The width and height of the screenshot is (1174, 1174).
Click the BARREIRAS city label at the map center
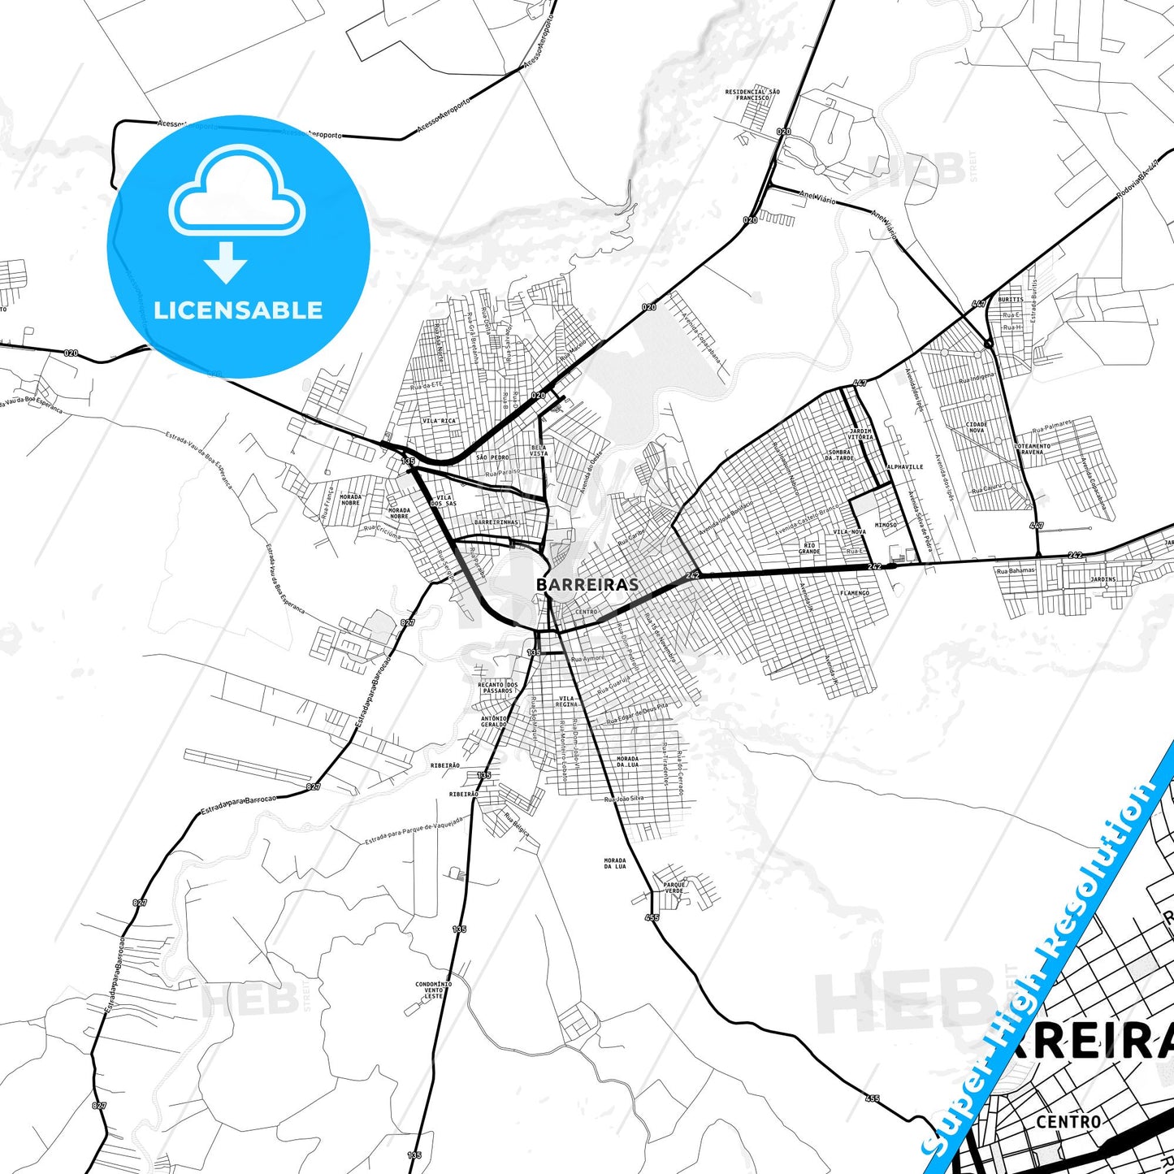587,584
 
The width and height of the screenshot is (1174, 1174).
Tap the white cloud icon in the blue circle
237,193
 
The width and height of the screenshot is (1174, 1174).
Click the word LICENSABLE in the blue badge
238,310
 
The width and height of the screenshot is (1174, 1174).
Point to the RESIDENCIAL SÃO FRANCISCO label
752,94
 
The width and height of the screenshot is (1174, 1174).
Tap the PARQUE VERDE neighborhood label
675,887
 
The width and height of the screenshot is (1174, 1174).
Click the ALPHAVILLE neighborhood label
905,467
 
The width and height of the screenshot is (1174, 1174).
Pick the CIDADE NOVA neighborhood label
977,427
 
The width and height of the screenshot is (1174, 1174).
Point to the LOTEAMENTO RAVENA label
1032,448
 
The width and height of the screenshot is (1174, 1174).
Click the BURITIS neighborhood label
1011,300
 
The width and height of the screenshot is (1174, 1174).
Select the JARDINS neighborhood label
1103,579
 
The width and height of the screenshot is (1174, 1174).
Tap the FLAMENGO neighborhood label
855,593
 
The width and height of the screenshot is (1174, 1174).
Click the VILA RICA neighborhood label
440,421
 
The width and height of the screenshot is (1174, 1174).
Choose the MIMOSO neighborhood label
886,525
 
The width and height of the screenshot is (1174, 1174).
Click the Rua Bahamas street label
1016,570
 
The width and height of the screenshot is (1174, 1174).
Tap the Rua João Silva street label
624,799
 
